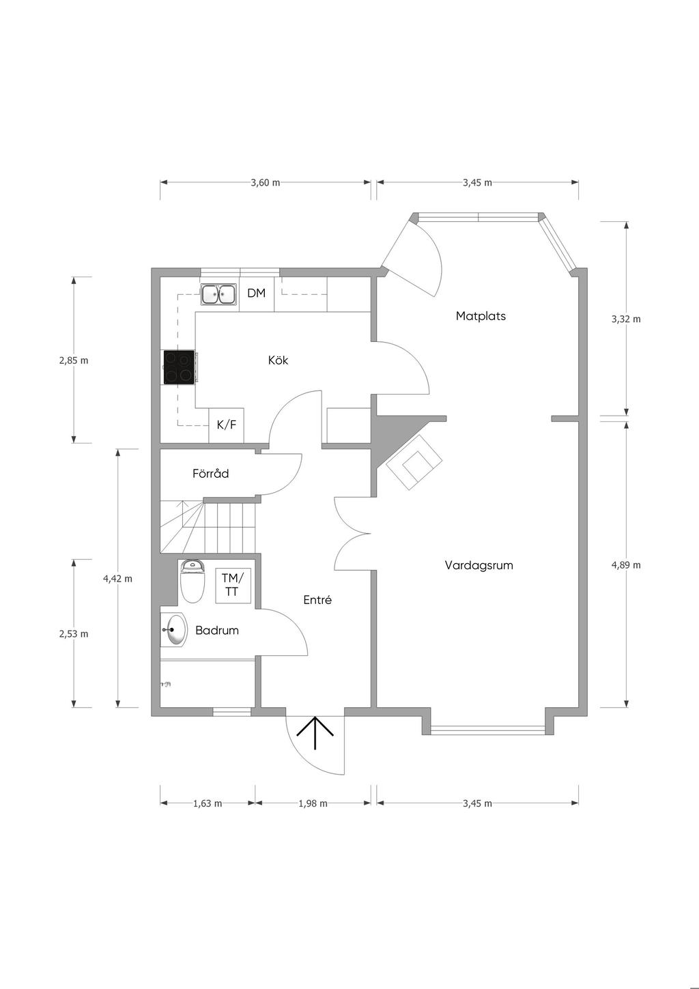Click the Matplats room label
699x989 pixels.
coord(481,316)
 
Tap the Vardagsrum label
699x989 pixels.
coord(479,565)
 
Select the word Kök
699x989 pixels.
coord(279,360)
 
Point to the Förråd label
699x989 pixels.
coord(211,473)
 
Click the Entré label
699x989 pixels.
coord(317,599)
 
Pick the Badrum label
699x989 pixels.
coord(217,630)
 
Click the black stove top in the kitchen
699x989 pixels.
coord(179,367)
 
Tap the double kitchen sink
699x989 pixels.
coord(218,294)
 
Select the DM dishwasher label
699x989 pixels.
coord(256,293)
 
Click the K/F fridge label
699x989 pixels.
coord(227,425)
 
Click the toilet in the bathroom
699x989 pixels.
coord(193,581)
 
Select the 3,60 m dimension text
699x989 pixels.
coord(266,183)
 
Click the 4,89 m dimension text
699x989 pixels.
coord(626,564)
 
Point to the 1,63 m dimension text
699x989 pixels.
coord(207,803)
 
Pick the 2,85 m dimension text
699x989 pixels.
coord(74,360)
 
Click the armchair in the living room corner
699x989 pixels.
coord(414,462)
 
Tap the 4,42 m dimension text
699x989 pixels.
coord(117,578)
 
